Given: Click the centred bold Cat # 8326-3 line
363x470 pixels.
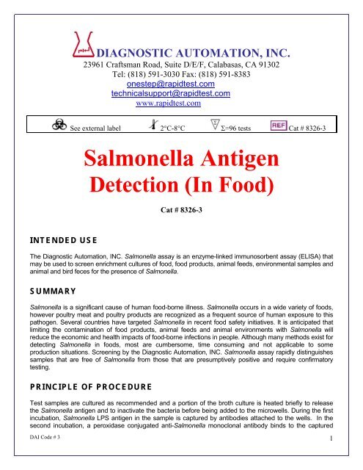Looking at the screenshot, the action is [x=180, y=210].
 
